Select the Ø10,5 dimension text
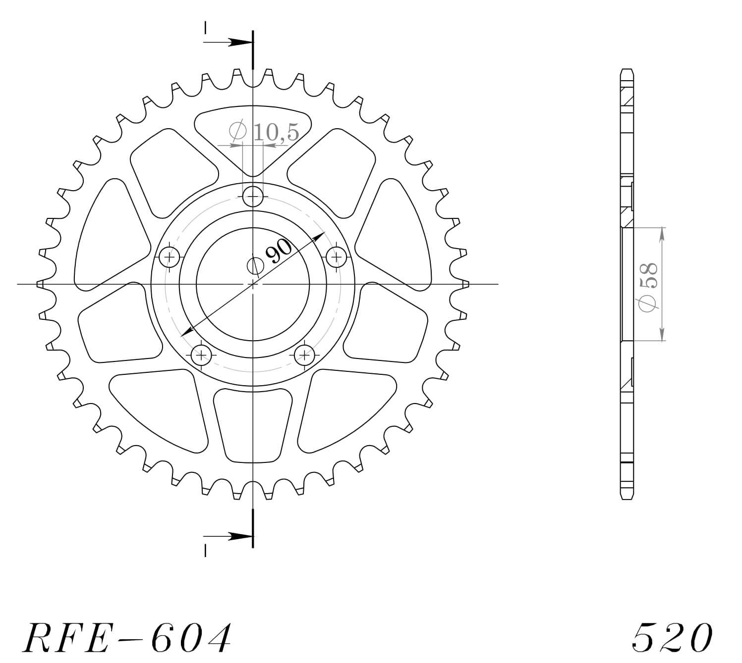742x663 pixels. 264,132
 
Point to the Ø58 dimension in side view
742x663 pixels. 648,287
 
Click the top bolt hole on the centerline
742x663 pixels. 253,197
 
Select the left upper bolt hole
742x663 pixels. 170,257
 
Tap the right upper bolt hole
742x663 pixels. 337,257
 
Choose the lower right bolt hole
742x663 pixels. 304,355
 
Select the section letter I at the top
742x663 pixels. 205,28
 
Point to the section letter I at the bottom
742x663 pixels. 205,550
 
